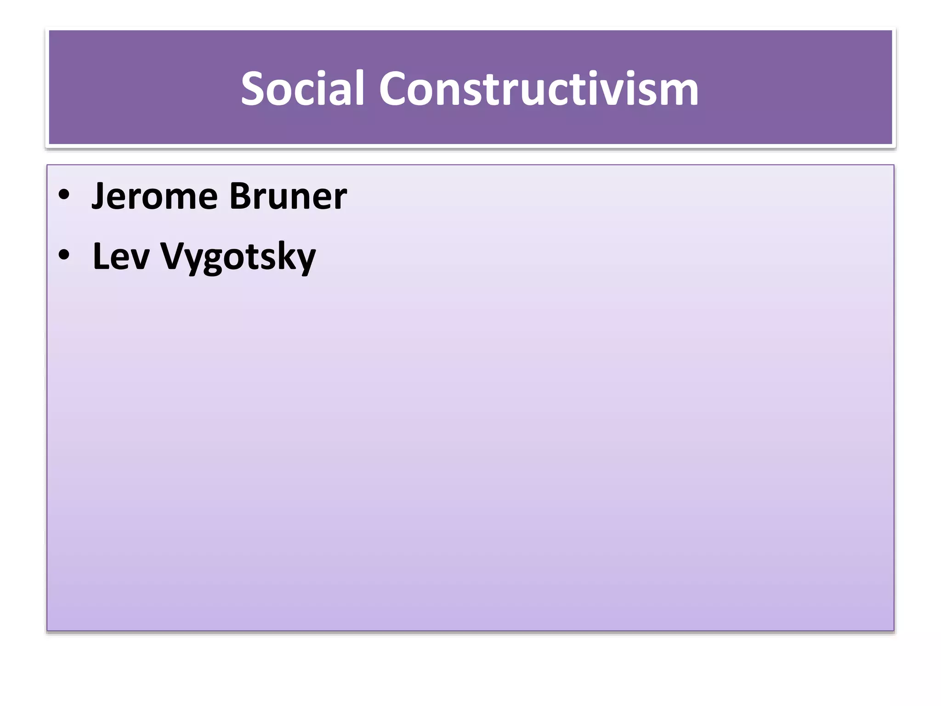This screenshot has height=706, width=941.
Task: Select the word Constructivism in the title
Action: pyautogui.click(x=539, y=89)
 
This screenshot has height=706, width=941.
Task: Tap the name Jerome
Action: pyautogui.click(x=154, y=197)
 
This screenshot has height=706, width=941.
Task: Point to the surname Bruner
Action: pyautogui.click(x=288, y=197)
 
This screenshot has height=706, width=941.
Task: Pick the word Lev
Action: pyautogui.click(x=121, y=256)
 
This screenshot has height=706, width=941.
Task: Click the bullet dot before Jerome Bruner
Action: pyautogui.click(x=64, y=195)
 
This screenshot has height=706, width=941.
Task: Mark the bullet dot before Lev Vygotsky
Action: pyautogui.click(x=64, y=255)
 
